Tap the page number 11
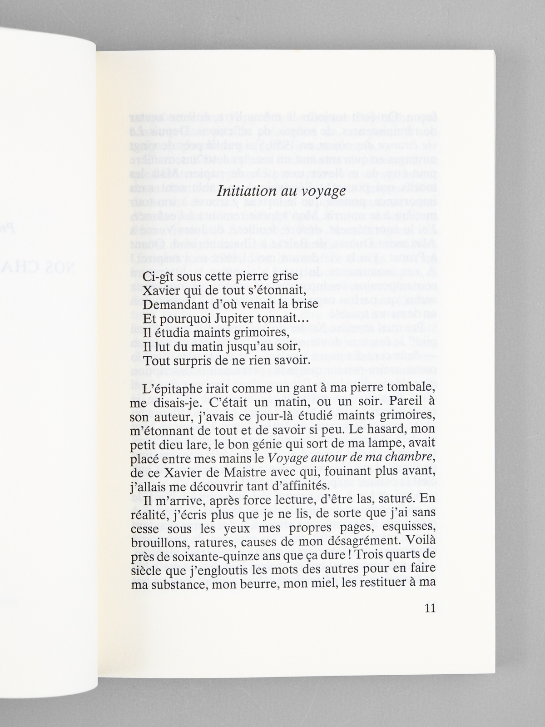(429, 608)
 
